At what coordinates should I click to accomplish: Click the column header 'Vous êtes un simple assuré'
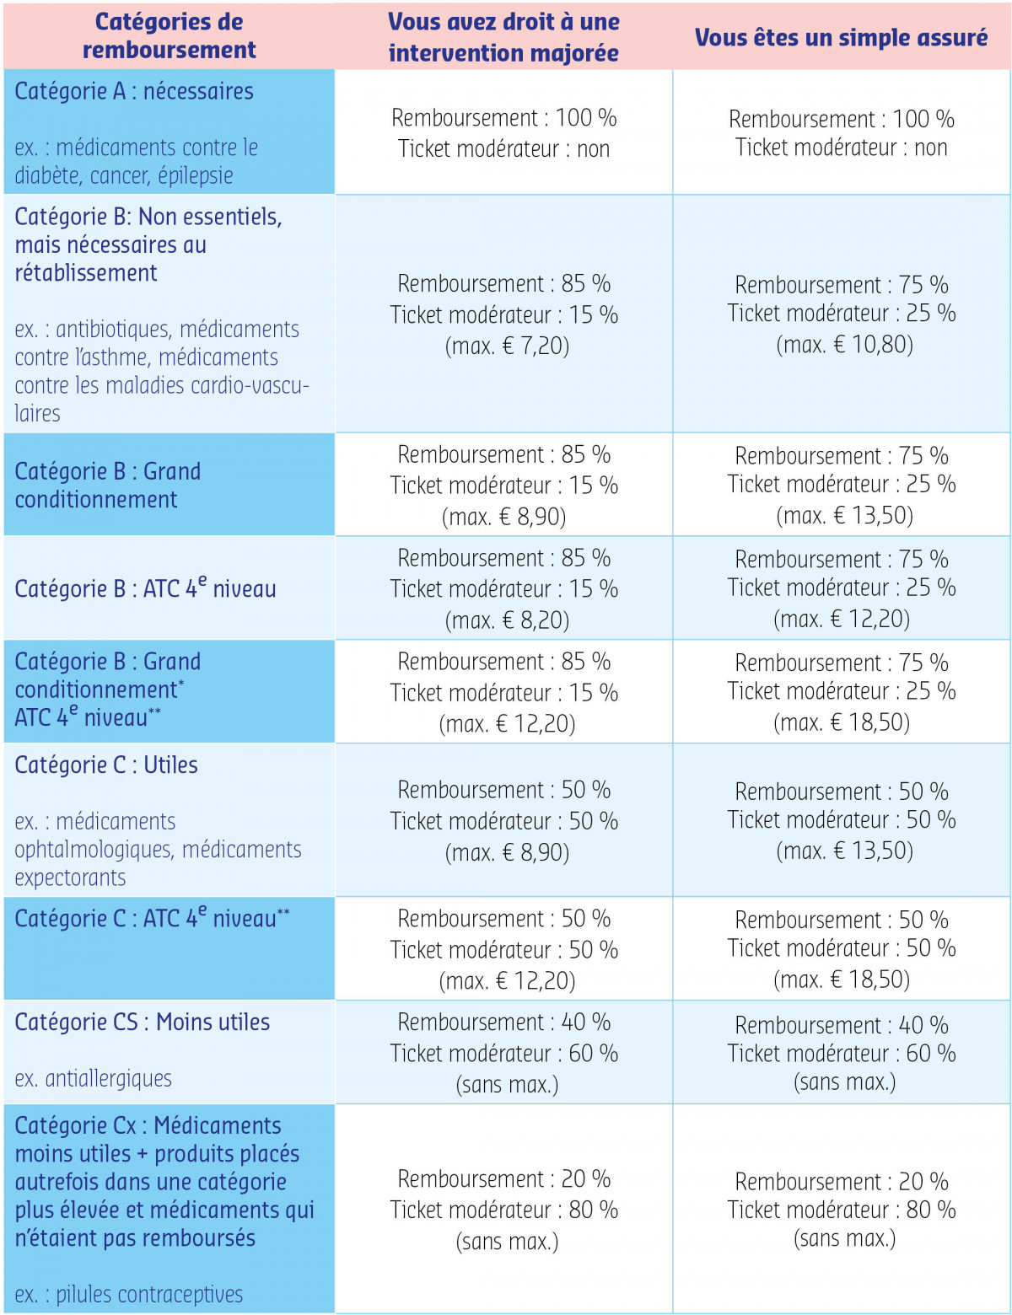(x=841, y=37)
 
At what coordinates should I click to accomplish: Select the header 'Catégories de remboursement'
(x=169, y=35)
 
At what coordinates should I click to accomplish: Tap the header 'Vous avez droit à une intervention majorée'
(x=503, y=37)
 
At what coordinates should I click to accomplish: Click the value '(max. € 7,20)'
(x=507, y=346)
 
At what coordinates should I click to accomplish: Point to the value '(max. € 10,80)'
(x=844, y=344)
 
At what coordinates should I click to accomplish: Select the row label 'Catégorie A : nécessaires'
(x=133, y=91)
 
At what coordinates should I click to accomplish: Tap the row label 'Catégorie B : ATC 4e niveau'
(x=145, y=588)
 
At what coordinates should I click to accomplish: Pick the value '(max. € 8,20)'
(x=507, y=620)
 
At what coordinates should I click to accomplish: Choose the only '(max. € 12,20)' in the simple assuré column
(x=842, y=619)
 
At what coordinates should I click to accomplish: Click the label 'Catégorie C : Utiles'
(x=106, y=765)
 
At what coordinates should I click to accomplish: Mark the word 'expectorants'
(x=70, y=878)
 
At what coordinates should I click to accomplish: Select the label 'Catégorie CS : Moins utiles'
(x=142, y=1022)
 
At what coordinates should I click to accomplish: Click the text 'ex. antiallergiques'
(x=93, y=1078)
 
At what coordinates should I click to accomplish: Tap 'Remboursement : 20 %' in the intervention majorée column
(x=503, y=1178)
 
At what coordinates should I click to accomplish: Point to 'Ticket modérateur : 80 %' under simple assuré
(x=841, y=1210)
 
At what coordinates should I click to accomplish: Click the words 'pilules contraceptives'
(x=149, y=1294)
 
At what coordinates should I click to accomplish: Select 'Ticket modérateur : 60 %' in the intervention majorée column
(x=503, y=1053)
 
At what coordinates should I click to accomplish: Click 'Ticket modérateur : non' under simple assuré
(x=841, y=148)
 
